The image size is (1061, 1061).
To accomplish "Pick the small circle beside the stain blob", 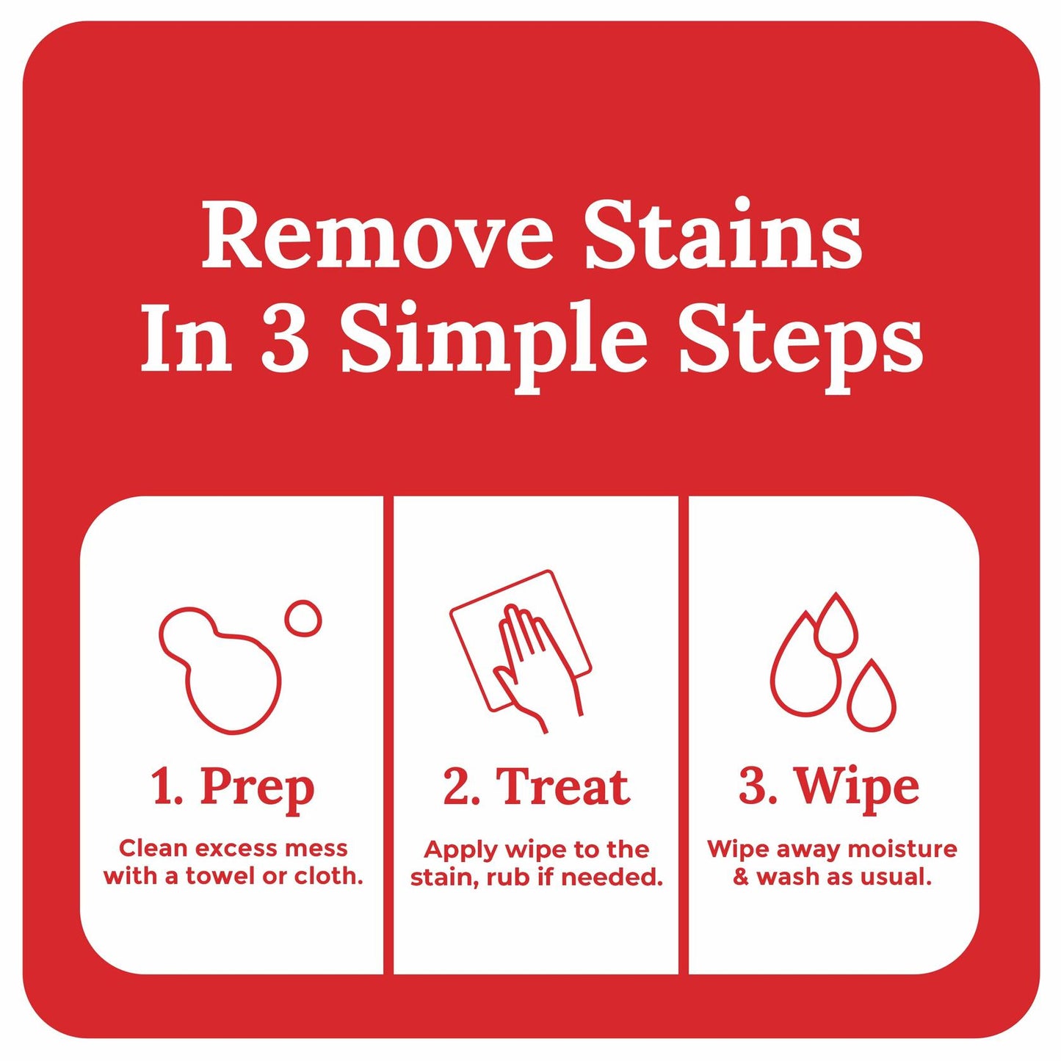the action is (303, 616).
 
